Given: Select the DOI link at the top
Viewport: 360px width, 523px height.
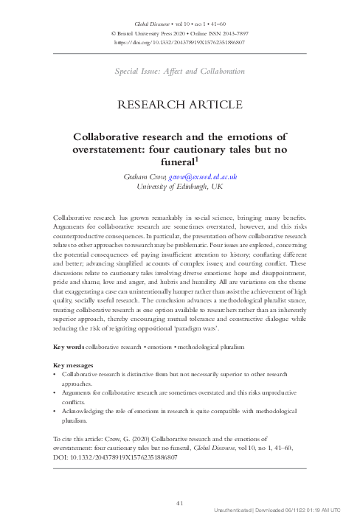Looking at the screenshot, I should point(180,42).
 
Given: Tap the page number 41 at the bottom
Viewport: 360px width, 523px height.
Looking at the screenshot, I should point(180,502).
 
